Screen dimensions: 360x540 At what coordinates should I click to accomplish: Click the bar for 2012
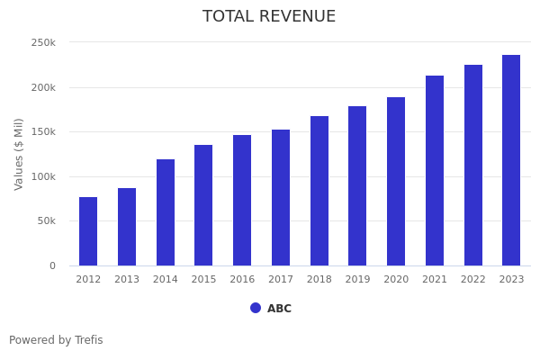pos(88,231)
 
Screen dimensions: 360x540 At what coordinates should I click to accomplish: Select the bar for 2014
pos(166,212)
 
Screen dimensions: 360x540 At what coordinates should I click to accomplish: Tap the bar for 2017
pos(281,198)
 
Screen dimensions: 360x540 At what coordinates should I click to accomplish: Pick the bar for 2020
pos(396,182)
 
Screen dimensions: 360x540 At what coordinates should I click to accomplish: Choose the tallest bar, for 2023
pos(511,160)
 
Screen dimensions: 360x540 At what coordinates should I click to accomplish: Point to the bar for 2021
pos(435,171)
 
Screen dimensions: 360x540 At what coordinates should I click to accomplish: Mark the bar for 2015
pos(203,205)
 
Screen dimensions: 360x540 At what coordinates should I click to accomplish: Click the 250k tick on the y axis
pos(43,42)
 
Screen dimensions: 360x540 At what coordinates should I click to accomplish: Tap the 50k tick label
pos(46,221)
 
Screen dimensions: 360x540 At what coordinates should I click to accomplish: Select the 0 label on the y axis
pos(52,265)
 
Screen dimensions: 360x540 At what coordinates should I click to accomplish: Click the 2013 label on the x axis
pos(127,280)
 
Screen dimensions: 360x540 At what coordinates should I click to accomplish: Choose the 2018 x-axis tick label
pos(319,280)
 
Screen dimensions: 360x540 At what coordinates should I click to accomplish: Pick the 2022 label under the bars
pos(473,280)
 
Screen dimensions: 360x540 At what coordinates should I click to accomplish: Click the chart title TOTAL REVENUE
pos(269,17)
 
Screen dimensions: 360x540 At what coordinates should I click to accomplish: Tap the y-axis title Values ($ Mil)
pos(19,154)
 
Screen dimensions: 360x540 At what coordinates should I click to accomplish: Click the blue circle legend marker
pos(256,308)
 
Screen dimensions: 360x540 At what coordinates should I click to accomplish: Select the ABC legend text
pos(279,309)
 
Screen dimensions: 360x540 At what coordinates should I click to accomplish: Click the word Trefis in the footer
pos(87,340)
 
